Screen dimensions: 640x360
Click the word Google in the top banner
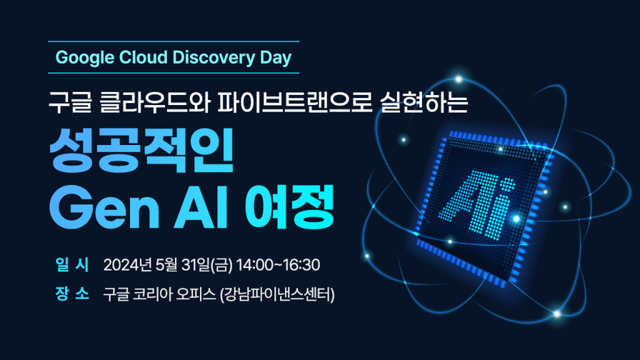click(84, 58)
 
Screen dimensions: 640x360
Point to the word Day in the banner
click(276, 58)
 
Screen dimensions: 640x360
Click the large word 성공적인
click(141, 150)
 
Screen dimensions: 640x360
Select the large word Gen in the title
click(104, 207)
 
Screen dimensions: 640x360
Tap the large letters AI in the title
click(201, 207)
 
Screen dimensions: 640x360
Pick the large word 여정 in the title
click(289, 207)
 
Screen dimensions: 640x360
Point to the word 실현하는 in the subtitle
click(424, 102)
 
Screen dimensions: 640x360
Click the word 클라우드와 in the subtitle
click(155, 102)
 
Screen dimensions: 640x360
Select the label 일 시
click(72, 264)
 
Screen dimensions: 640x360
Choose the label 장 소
click(72, 294)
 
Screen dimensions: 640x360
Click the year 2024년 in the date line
click(127, 265)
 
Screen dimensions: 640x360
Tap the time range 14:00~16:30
click(278, 265)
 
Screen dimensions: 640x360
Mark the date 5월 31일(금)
click(194, 265)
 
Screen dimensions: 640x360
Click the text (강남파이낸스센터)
click(277, 294)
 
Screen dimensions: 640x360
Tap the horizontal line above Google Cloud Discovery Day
click(174, 42)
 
